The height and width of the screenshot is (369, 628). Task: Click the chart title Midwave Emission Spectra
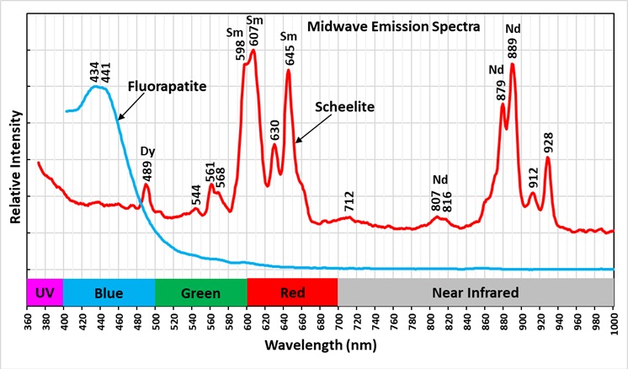coord(393,27)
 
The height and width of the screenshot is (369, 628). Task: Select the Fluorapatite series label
coord(168,86)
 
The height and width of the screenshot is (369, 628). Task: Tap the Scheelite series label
coord(344,107)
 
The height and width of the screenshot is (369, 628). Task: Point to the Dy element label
coord(146,152)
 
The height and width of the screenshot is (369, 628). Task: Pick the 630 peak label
coord(274,130)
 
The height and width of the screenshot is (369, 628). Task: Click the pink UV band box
coord(45,293)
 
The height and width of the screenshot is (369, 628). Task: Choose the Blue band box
coord(109,293)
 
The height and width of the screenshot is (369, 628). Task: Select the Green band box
coord(200,293)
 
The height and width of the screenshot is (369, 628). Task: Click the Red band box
coord(291,293)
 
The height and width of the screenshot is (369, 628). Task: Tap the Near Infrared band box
coord(475,293)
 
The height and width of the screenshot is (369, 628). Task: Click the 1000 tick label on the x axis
coord(614,322)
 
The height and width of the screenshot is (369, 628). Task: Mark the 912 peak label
coord(533,177)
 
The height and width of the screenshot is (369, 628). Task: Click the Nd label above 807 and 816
coord(441,179)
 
